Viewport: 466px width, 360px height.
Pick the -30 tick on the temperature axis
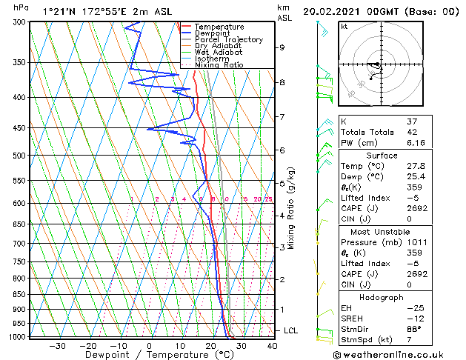56,346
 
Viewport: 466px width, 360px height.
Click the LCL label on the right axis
291,330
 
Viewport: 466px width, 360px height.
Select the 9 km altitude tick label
282,47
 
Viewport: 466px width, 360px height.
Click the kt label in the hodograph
344,27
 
